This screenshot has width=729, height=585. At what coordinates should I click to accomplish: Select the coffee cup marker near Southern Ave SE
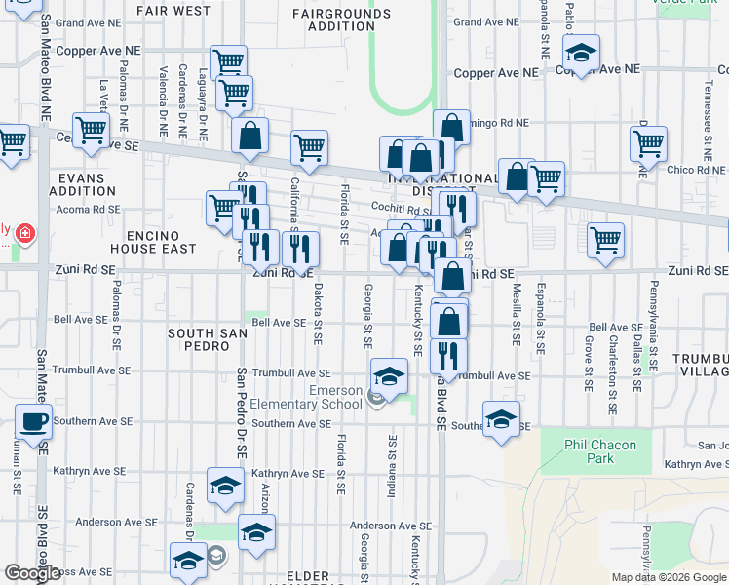[33, 422]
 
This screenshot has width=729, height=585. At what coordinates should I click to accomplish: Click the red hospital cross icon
[23, 234]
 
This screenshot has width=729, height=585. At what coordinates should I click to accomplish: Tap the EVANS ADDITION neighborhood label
[87, 184]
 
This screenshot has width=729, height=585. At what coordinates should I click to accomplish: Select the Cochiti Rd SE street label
[402, 208]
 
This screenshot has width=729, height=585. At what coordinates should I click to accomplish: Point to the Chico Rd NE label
[695, 171]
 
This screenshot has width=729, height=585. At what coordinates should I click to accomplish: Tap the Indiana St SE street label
[392, 467]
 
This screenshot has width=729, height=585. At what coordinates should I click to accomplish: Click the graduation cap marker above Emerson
[388, 376]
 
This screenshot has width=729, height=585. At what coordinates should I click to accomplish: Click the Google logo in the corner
[32, 573]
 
